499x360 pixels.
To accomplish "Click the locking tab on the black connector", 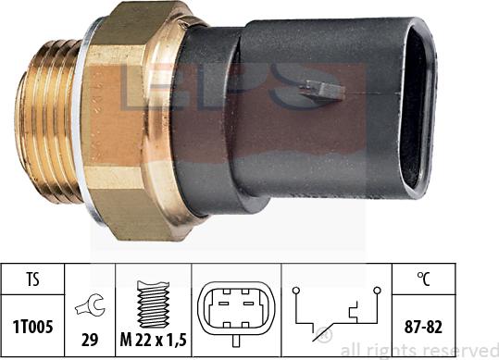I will (322, 90).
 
